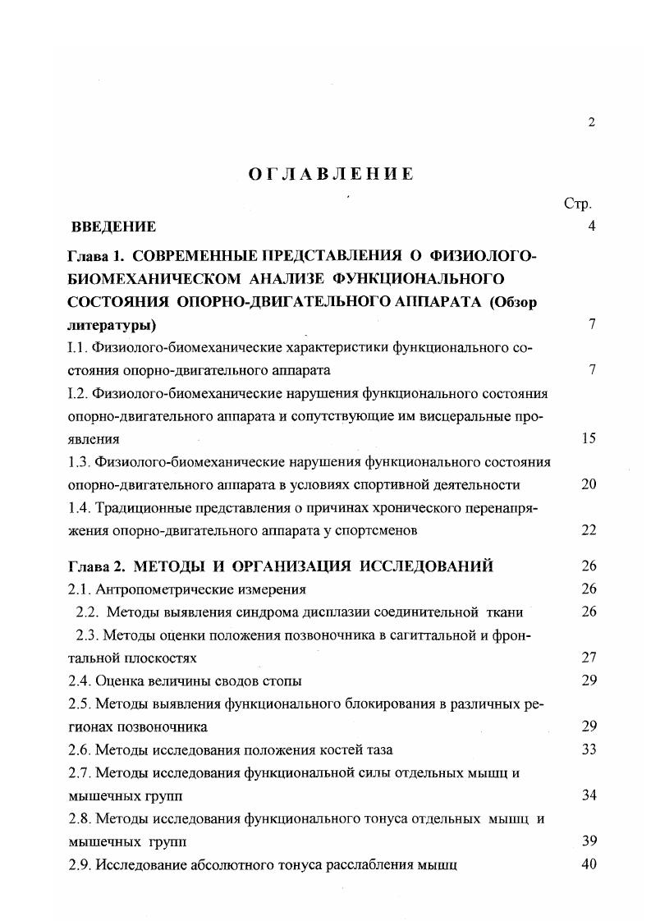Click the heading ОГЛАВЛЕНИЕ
click(x=331, y=174)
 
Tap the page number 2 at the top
click(x=591, y=123)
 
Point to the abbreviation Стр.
click(x=577, y=203)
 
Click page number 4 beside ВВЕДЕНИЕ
click(x=591, y=227)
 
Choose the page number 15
click(x=588, y=438)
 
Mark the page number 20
click(x=588, y=484)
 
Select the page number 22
click(x=588, y=530)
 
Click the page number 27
click(x=588, y=658)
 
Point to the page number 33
click(x=588, y=749)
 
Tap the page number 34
click(x=588, y=795)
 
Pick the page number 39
click(x=588, y=841)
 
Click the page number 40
click(x=588, y=864)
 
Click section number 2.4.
click(x=80, y=680)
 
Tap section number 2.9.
click(x=80, y=864)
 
